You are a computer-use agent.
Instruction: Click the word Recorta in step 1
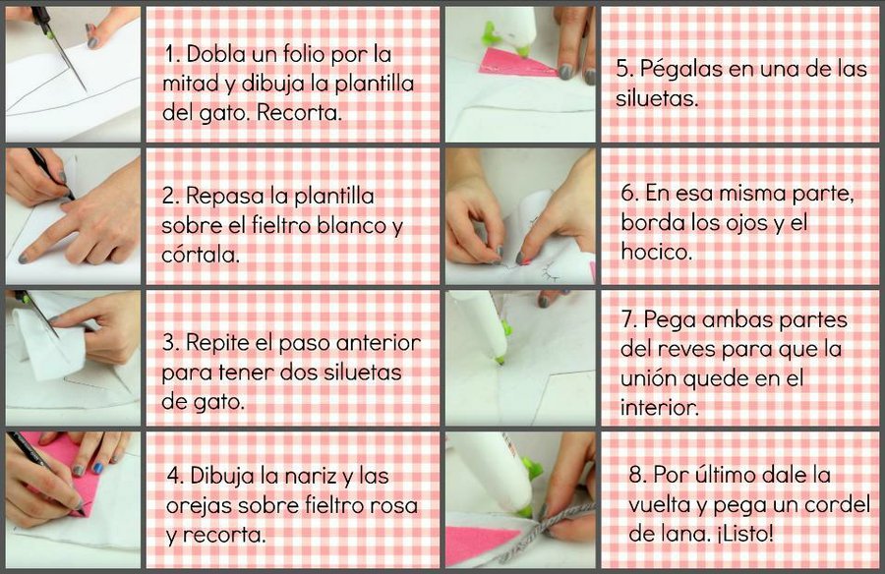pos(299,113)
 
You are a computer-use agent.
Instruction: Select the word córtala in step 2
pos(201,255)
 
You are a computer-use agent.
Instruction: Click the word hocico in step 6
pos(656,251)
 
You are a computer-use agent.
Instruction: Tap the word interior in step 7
pos(659,407)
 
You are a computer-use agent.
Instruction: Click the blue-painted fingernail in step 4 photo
pos(97,468)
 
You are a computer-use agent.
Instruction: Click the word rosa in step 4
pos(394,505)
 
